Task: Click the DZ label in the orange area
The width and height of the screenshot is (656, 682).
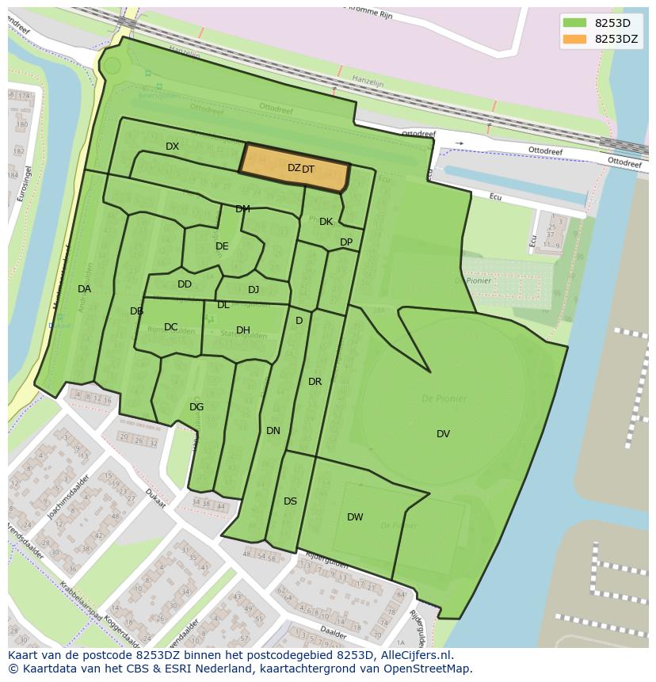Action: click(x=294, y=168)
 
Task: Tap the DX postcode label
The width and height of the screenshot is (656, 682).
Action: click(x=172, y=147)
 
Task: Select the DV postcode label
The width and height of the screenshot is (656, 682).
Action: click(x=443, y=433)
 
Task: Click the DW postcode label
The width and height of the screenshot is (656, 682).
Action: click(x=355, y=517)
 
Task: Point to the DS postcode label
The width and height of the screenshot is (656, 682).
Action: click(x=290, y=501)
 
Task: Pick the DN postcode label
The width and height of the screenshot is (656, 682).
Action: click(x=273, y=431)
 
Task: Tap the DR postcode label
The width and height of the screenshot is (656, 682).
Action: click(x=315, y=382)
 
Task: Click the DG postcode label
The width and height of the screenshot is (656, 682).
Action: click(x=196, y=407)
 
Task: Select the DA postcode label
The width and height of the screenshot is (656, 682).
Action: click(x=84, y=289)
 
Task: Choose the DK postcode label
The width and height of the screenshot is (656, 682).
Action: click(x=326, y=222)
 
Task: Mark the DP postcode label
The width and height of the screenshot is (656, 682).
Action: click(x=346, y=242)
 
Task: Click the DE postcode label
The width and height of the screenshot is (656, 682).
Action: click(x=222, y=246)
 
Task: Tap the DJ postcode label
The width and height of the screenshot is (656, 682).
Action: click(x=254, y=290)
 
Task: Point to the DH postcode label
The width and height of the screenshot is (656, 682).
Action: click(x=243, y=330)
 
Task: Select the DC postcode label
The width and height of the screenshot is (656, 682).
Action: click(x=171, y=327)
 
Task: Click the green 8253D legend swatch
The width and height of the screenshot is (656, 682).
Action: click(x=574, y=23)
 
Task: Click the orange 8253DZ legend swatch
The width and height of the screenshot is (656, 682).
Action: click(x=574, y=40)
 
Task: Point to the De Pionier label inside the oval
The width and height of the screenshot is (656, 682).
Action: click(x=444, y=398)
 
